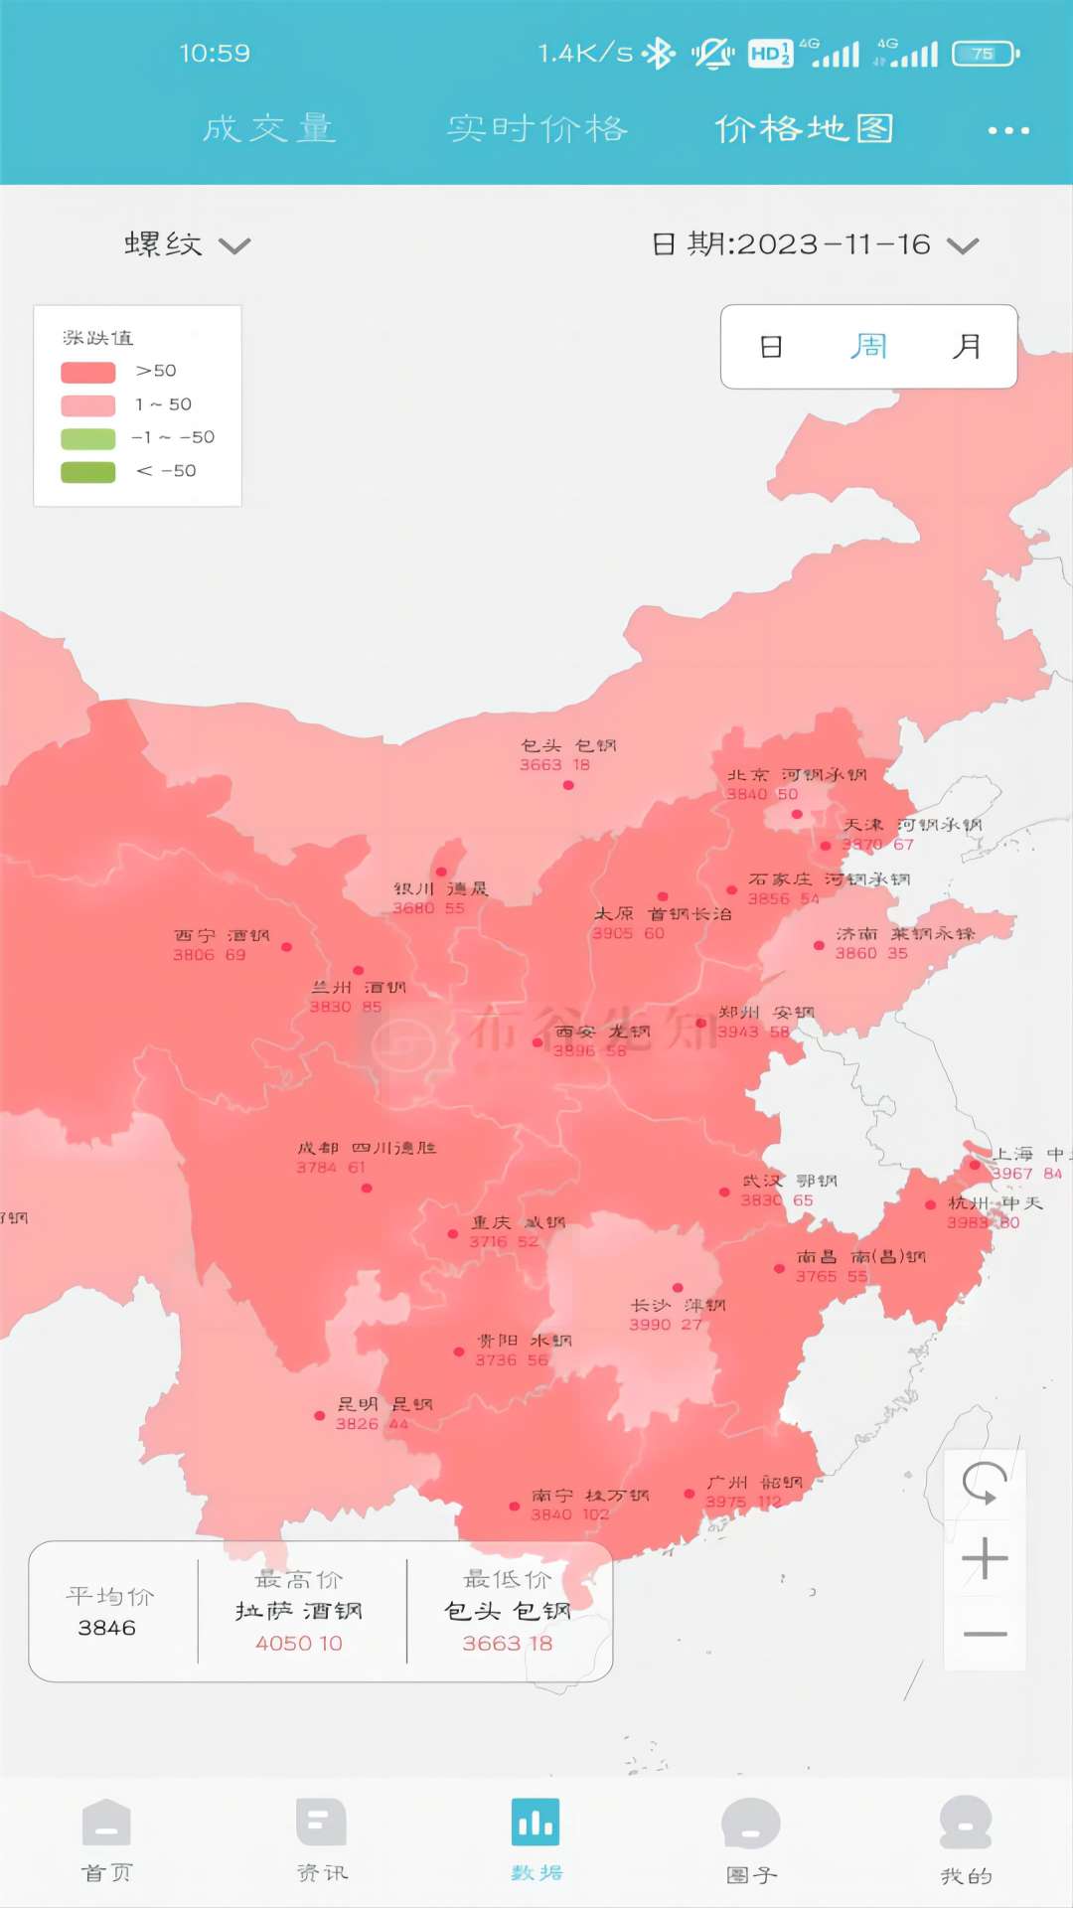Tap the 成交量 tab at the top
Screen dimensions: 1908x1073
point(269,129)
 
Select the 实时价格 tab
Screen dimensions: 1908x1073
point(537,129)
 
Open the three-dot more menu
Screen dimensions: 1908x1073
point(1008,130)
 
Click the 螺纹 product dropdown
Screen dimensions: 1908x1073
point(187,244)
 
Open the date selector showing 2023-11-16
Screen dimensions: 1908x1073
point(815,244)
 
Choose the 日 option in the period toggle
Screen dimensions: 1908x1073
point(771,347)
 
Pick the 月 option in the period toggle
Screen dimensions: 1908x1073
point(966,347)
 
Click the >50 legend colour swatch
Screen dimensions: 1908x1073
point(88,372)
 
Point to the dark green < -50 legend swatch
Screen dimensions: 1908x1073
point(88,471)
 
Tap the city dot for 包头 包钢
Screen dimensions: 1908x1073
point(568,785)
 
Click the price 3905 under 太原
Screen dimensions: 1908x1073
point(612,933)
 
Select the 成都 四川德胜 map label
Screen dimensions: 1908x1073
point(367,1148)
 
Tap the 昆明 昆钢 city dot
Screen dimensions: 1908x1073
point(319,1416)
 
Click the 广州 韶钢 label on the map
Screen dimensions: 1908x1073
point(754,1483)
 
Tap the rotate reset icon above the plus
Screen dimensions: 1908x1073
point(985,1484)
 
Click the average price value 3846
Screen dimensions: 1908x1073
point(107,1628)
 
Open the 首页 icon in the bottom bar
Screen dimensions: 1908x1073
point(106,1823)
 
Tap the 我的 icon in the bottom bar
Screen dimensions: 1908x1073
point(966,1823)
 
